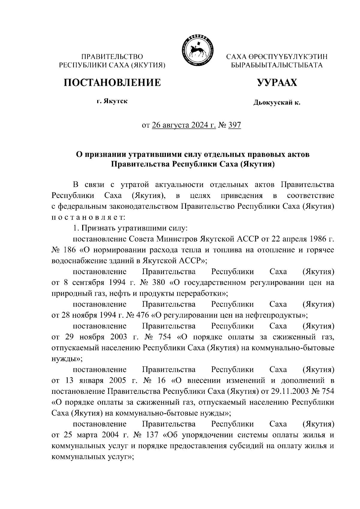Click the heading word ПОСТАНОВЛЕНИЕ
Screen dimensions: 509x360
pos(112,82)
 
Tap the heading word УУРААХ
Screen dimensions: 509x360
pos(277,82)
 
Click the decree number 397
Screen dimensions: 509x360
pos(235,125)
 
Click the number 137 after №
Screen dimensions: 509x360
pos(154,435)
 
